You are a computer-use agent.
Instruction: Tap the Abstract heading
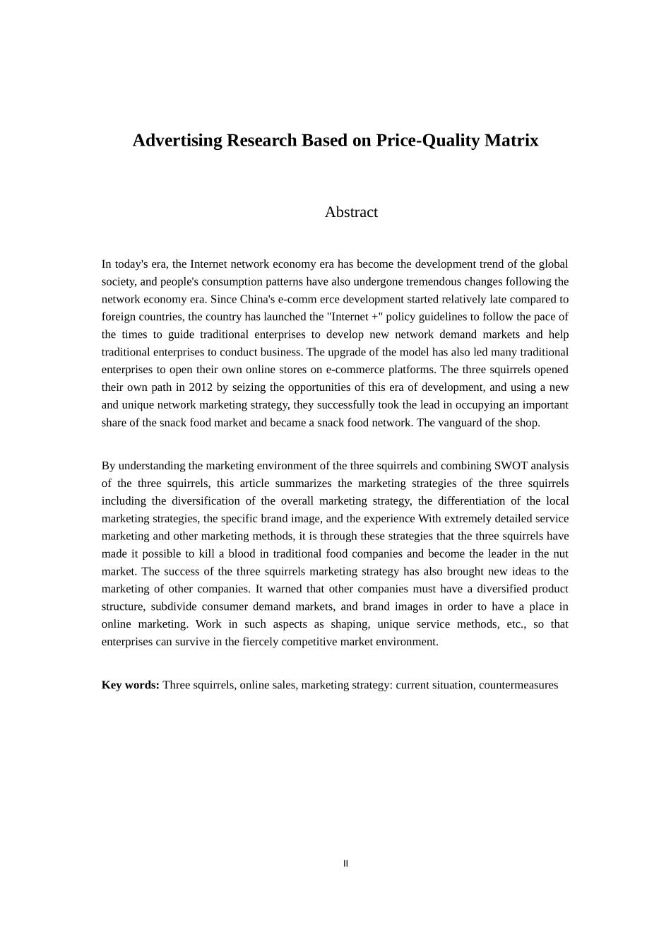(351, 212)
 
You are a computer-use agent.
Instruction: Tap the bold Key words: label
(130, 685)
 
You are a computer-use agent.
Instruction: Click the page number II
(345, 864)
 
